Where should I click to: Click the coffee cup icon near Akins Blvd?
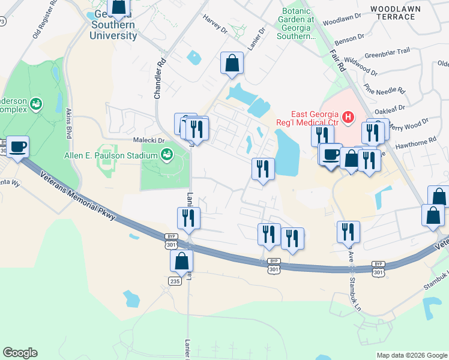pyautogui.click(x=18, y=146)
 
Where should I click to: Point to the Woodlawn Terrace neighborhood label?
pyautogui.click(x=393, y=13)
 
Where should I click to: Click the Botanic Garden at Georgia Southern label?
pyautogui.click(x=298, y=23)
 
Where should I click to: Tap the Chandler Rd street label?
pyautogui.click(x=159, y=79)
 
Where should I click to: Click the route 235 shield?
pyautogui.click(x=175, y=281)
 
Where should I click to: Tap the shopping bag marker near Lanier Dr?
pyautogui.click(x=232, y=63)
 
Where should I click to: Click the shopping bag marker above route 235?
pyautogui.click(x=181, y=261)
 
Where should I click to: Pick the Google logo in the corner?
pyautogui.click(x=20, y=353)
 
